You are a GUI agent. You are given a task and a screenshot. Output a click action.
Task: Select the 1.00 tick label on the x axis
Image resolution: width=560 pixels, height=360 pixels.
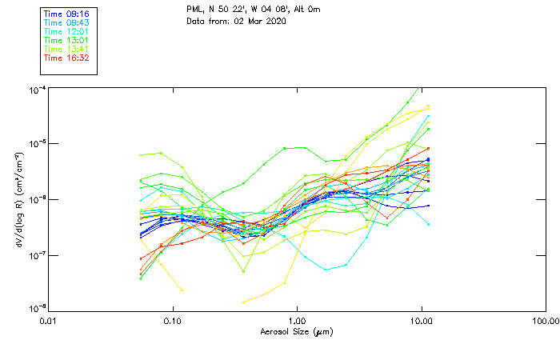[297, 321]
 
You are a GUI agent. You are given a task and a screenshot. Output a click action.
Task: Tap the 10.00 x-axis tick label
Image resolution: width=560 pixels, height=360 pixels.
[421, 321]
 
